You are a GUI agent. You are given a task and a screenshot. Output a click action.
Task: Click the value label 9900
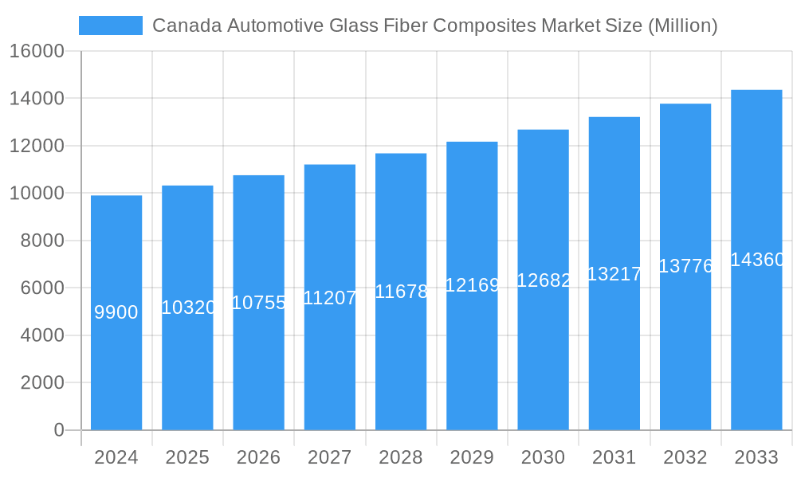point(116,312)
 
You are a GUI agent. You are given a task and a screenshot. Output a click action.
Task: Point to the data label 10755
point(258,303)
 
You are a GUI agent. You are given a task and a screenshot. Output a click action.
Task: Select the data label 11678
point(401,292)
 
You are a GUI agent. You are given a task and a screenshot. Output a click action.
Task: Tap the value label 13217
point(614,274)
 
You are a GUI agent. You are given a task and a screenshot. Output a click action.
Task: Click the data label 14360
point(757,260)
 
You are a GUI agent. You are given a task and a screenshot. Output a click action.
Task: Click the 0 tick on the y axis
point(59,430)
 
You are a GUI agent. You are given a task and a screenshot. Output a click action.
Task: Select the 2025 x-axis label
point(187,457)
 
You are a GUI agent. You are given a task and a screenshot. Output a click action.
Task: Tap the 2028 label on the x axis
point(401,457)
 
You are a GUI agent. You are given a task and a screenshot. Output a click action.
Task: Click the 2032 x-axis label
point(685,457)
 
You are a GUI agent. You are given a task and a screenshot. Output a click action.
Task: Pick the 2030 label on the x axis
point(543,457)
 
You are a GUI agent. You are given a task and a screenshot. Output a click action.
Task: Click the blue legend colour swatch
point(111,25)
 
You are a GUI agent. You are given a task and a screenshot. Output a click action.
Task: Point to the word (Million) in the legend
point(682,25)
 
